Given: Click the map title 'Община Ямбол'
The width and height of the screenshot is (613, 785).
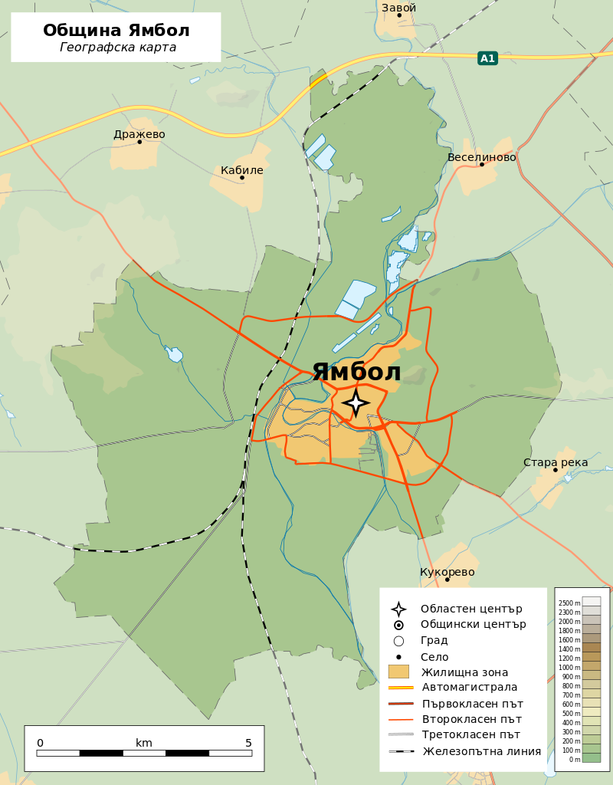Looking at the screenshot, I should point(116,31).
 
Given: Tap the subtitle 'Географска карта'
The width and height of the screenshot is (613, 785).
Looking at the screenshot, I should point(118,48).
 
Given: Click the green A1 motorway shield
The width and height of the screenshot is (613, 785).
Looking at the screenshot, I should point(487,58).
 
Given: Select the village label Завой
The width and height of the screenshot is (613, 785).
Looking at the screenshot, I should point(398,8).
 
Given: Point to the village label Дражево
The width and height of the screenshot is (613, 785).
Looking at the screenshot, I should point(139,134).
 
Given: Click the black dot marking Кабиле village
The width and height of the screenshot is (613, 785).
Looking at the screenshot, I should point(242,178).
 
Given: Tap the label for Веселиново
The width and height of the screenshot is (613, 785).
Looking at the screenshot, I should point(481,157).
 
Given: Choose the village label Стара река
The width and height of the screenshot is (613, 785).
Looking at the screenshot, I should point(556,462).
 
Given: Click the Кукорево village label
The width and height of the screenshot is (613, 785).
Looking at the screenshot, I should point(447,572).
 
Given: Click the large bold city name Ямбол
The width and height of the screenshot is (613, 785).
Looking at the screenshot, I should point(356,372).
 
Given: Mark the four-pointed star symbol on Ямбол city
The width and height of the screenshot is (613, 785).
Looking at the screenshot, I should point(356,403).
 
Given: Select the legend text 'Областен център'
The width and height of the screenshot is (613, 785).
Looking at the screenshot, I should point(470,609).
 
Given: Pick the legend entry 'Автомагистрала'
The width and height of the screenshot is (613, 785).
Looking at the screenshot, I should point(469,687).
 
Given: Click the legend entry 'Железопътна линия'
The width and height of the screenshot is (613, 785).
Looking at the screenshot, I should point(481,751).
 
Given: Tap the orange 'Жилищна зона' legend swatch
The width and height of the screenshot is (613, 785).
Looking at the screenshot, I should point(398,672).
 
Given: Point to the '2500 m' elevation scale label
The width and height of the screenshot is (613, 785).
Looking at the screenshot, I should point(569,603).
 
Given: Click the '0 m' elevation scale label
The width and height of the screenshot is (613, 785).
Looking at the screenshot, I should point(574,760).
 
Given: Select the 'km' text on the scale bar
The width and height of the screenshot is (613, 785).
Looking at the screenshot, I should point(144,743).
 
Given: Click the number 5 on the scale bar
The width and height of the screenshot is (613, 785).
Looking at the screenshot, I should point(248,743).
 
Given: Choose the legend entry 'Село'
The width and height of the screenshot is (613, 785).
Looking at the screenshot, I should point(434,657).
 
